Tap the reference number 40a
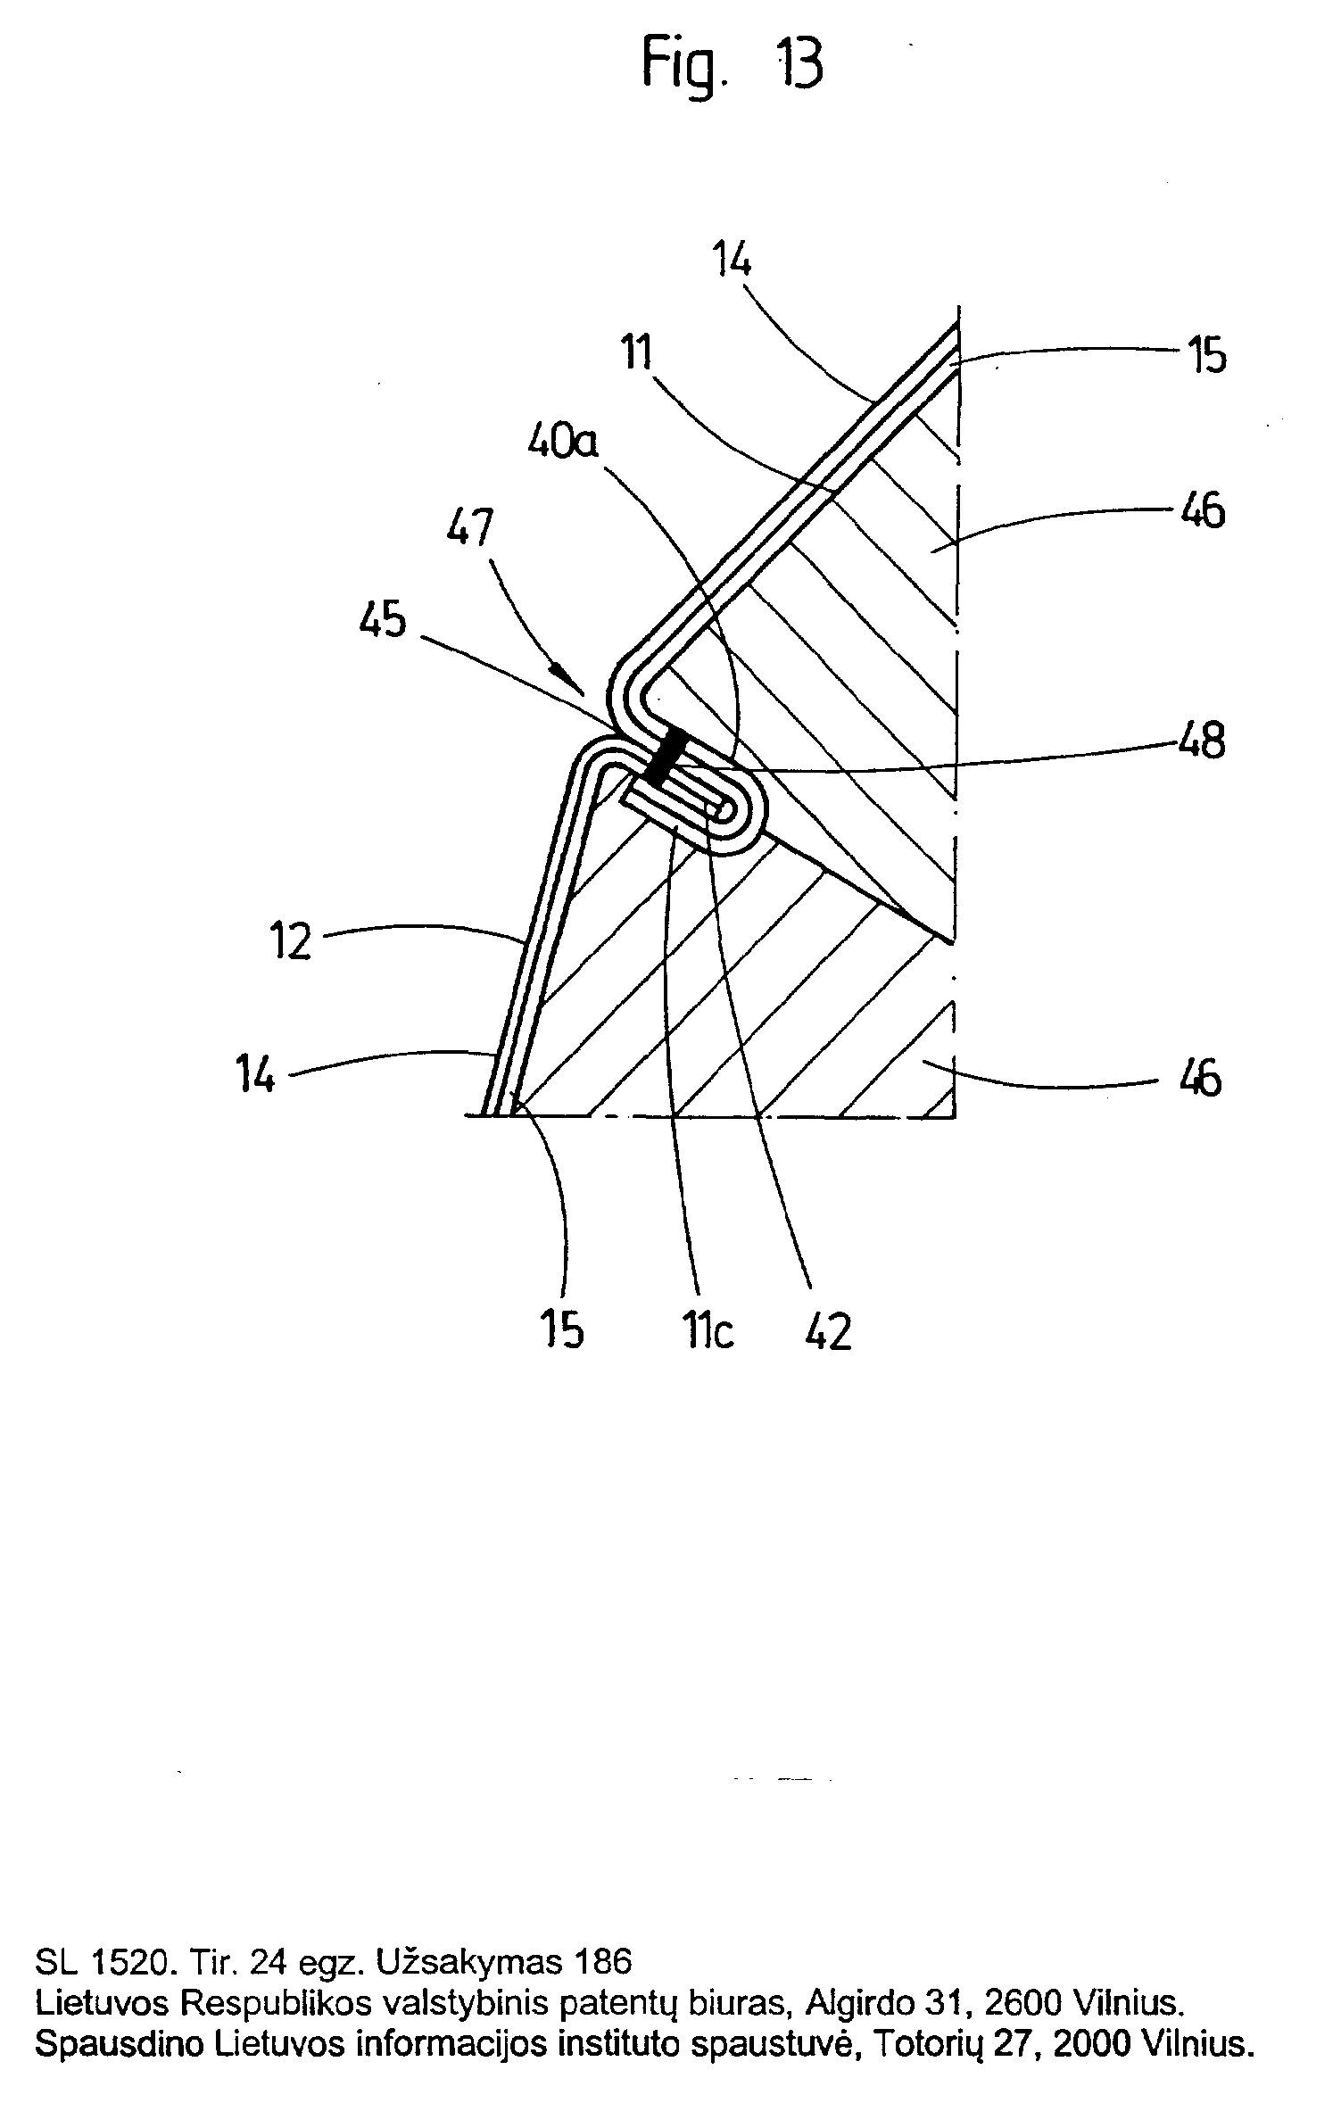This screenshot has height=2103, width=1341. click(x=562, y=441)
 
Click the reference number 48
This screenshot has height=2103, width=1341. click(x=1201, y=741)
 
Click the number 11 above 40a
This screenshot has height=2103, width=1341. click(x=636, y=354)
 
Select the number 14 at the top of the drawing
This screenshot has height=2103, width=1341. click(x=732, y=261)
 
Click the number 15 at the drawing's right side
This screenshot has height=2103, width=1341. click(x=1206, y=357)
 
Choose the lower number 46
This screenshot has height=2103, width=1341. click(x=1201, y=1079)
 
